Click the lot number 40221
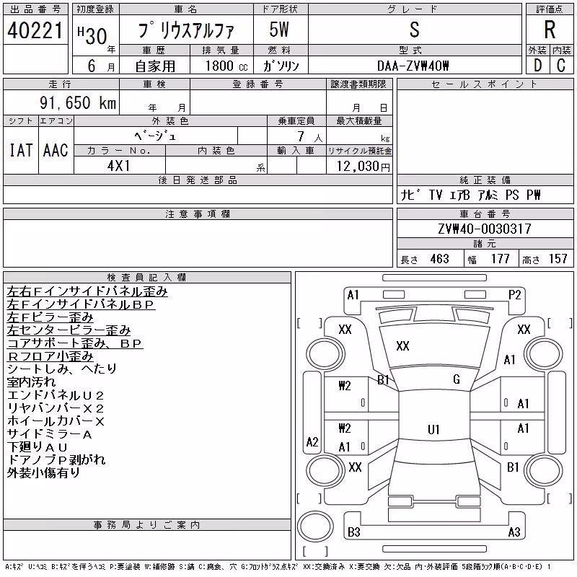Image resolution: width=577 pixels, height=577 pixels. tap(35, 30)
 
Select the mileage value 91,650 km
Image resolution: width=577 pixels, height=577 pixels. tap(78, 102)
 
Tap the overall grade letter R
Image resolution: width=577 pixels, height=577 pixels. tap(550, 30)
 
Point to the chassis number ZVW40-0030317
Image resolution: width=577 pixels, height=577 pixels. tap(485, 229)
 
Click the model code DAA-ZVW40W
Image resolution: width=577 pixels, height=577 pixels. tap(413, 66)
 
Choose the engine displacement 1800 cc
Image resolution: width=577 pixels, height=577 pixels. tap(226, 66)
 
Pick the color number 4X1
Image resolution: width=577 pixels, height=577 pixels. tap(118, 166)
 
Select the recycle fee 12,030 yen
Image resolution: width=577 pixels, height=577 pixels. tap(364, 167)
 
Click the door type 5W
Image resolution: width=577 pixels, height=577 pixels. tap(279, 30)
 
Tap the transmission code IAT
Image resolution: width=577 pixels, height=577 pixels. tap(21, 150)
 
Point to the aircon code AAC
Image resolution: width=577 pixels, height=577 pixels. tap(56, 150)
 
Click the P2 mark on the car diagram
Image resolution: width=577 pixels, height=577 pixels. tap(514, 295)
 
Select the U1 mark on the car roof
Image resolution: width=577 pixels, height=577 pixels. tap(433, 429)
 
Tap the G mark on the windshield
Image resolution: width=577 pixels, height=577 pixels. tap(457, 379)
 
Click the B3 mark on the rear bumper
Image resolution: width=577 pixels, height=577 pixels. tap(353, 532)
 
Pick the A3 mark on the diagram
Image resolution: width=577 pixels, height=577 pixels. tap(514, 532)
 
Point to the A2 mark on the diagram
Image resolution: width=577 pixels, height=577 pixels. tap(312, 441)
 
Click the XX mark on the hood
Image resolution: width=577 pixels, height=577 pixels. tap(402, 346)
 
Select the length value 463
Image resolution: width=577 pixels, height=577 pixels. tap(440, 259)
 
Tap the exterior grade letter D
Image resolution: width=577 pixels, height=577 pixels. tap(538, 66)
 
